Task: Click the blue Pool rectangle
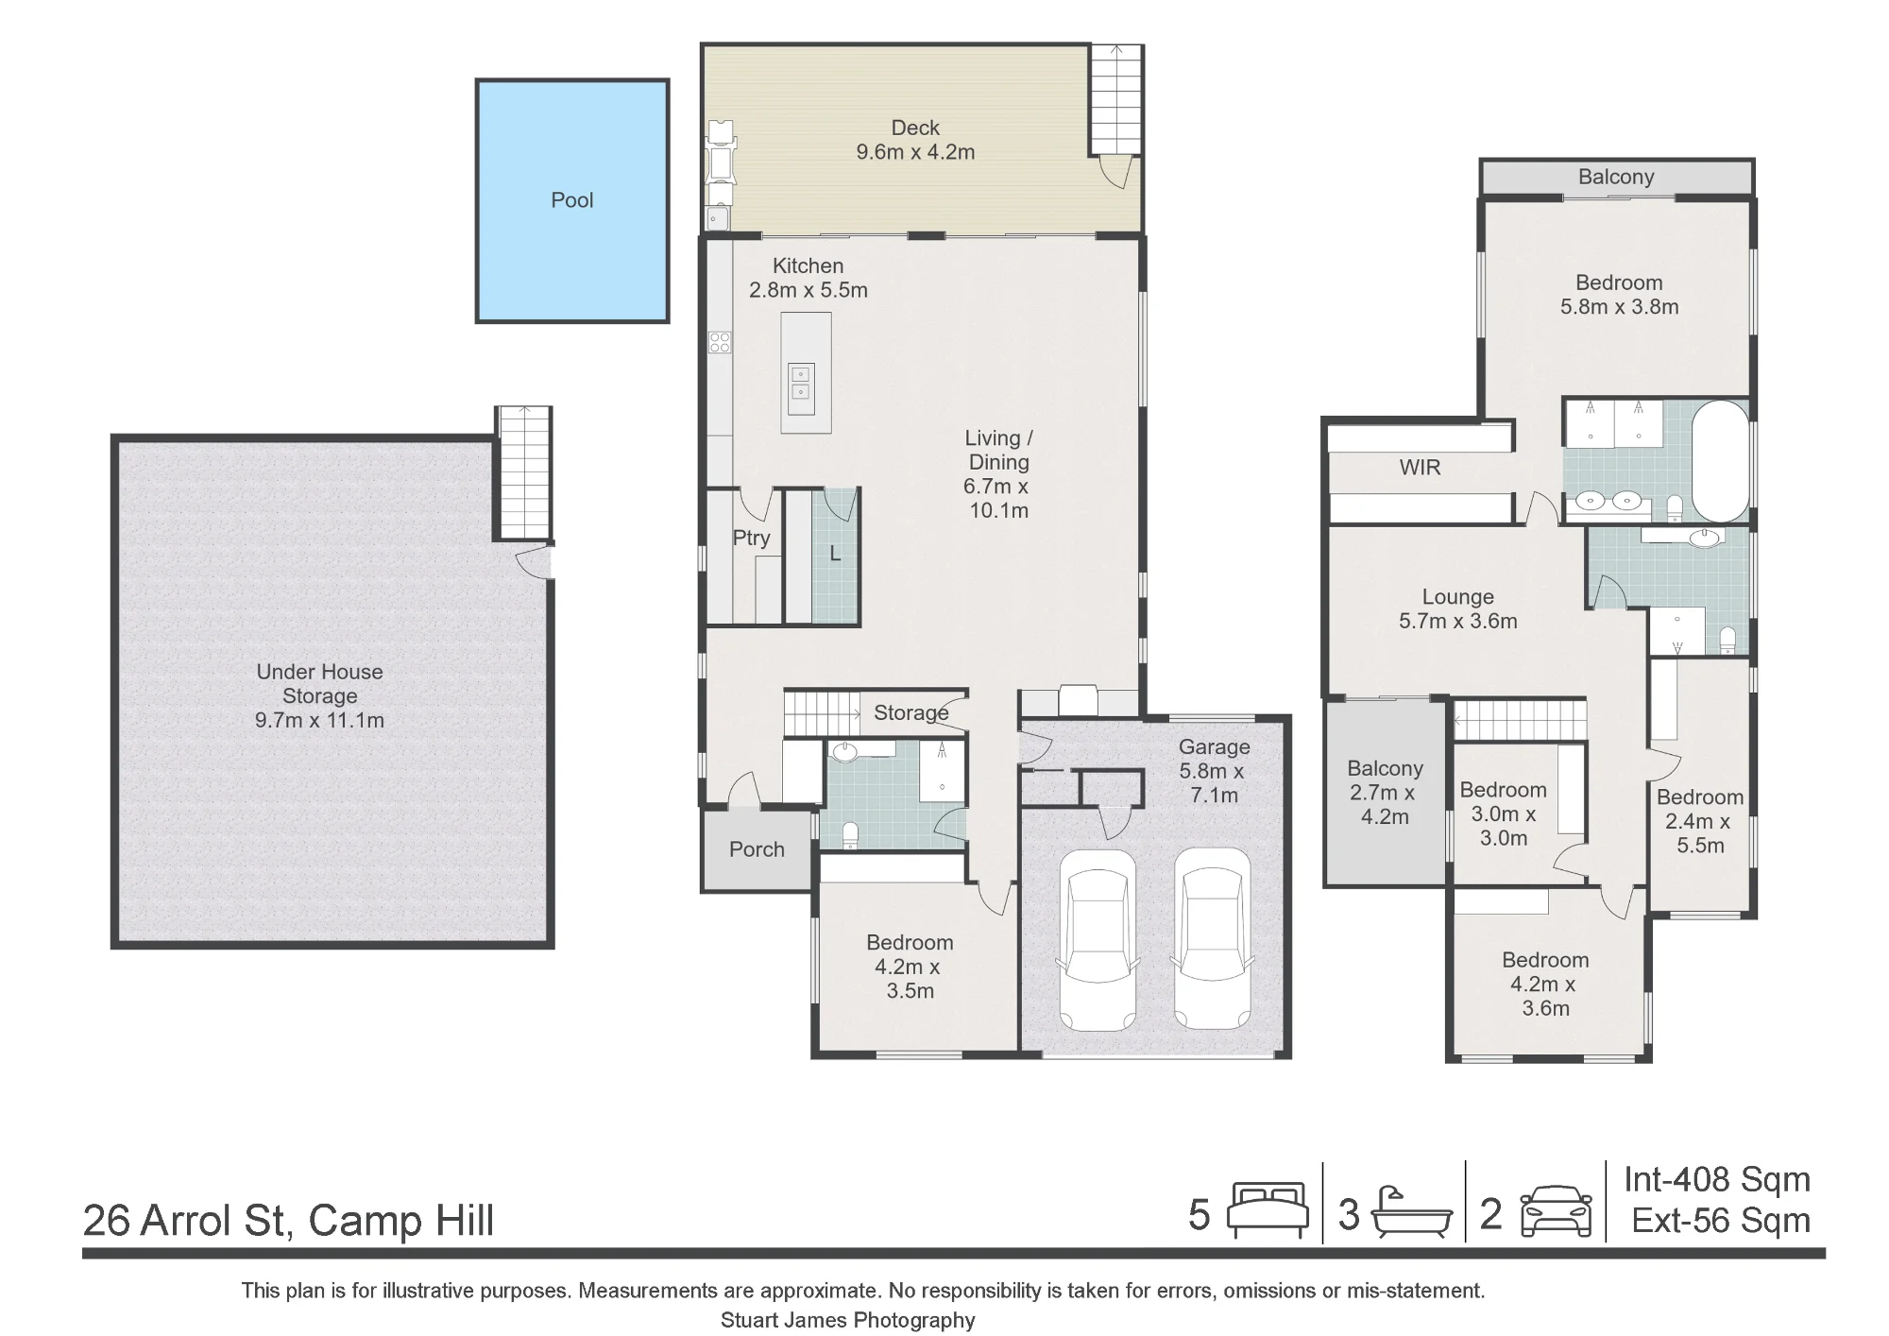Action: pyautogui.click(x=572, y=200)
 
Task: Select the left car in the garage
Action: pyautogui.click(x=1097, y=939)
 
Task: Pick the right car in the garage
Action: pyautogui.click(x=1213, y=939)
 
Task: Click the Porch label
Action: pyautogui.click(x=757, y=849)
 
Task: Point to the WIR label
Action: pyautogui.click(x=1420, y=468)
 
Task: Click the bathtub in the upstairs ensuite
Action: pyautogui.click(x=1721, y=460)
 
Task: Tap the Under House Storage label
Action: pyautogui.click(x=319, y=696)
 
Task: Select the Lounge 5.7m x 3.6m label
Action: pyautogui.click(x=1457, y=609)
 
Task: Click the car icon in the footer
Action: pyautogui.click(x=1556, y=1210)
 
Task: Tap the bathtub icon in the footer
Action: pyautogui.click(x=1411, y=1212)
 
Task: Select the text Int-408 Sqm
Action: pyautogui.click(x=1717, y=1179)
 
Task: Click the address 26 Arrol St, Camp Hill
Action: pyautogui.click(x=288, y=1220)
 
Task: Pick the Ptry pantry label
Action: pyautogui.click(x=751, y=538)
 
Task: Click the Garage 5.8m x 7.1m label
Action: pyautogui.click(x=1214, y=771)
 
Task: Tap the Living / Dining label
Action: pyautogui.click(x=998, y=474)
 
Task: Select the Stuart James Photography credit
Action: pyautogui.click(x=848, y=1320)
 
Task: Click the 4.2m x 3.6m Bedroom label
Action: pyautogui.click(x=1545, y=984)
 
